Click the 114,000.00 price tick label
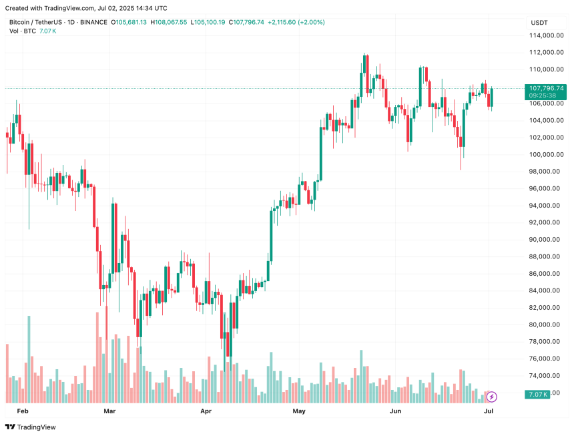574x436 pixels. [x=543, y=35]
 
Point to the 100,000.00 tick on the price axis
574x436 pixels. [x=543, y=154]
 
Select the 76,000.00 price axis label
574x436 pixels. [x=543, y=359]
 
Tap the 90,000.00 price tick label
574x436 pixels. [x=543, y=240]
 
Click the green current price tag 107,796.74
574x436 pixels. [x=546, y=88]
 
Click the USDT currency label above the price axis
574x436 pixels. [x=539, y=22]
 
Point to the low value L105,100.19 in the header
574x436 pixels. [x=208, y=22]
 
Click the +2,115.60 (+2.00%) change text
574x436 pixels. [x=296, y=22]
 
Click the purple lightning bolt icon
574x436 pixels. [x=493, y=397]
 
